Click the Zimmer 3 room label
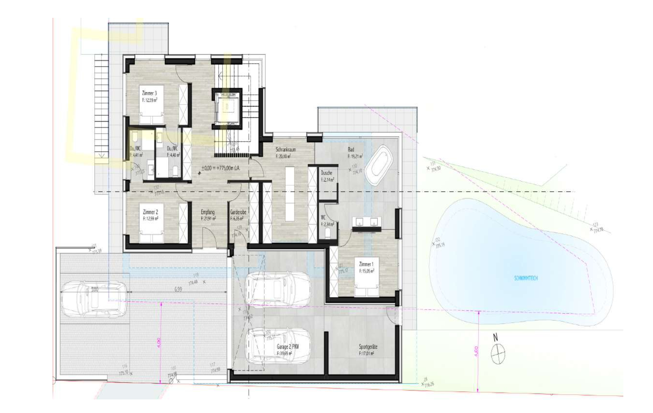(150, 93)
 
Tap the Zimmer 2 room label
(151, 212)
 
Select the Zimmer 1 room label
(366, 264)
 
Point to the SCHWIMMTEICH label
(526, 279)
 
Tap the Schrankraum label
(285, 150)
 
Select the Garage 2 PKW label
(288, 346)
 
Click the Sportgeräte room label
(368, 346)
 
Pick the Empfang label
(208, 212)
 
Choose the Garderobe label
(238, 212)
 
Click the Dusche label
(326, 173)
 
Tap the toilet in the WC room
(327, 233)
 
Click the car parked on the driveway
(93, 299)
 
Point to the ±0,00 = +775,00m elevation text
(220, 168)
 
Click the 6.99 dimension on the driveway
(178, 289)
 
